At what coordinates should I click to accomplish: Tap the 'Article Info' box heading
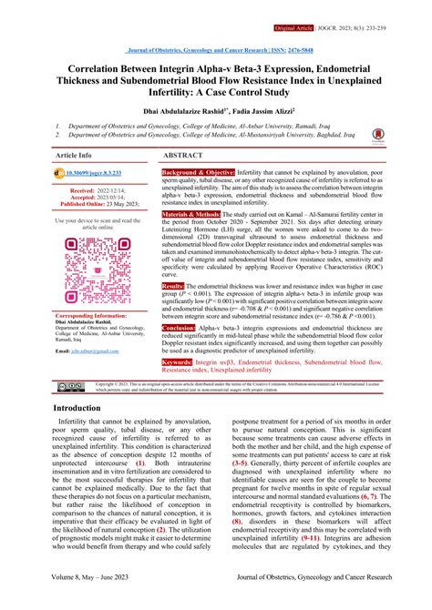(74, 156)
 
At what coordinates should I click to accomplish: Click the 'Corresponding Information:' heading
(95, 316)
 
